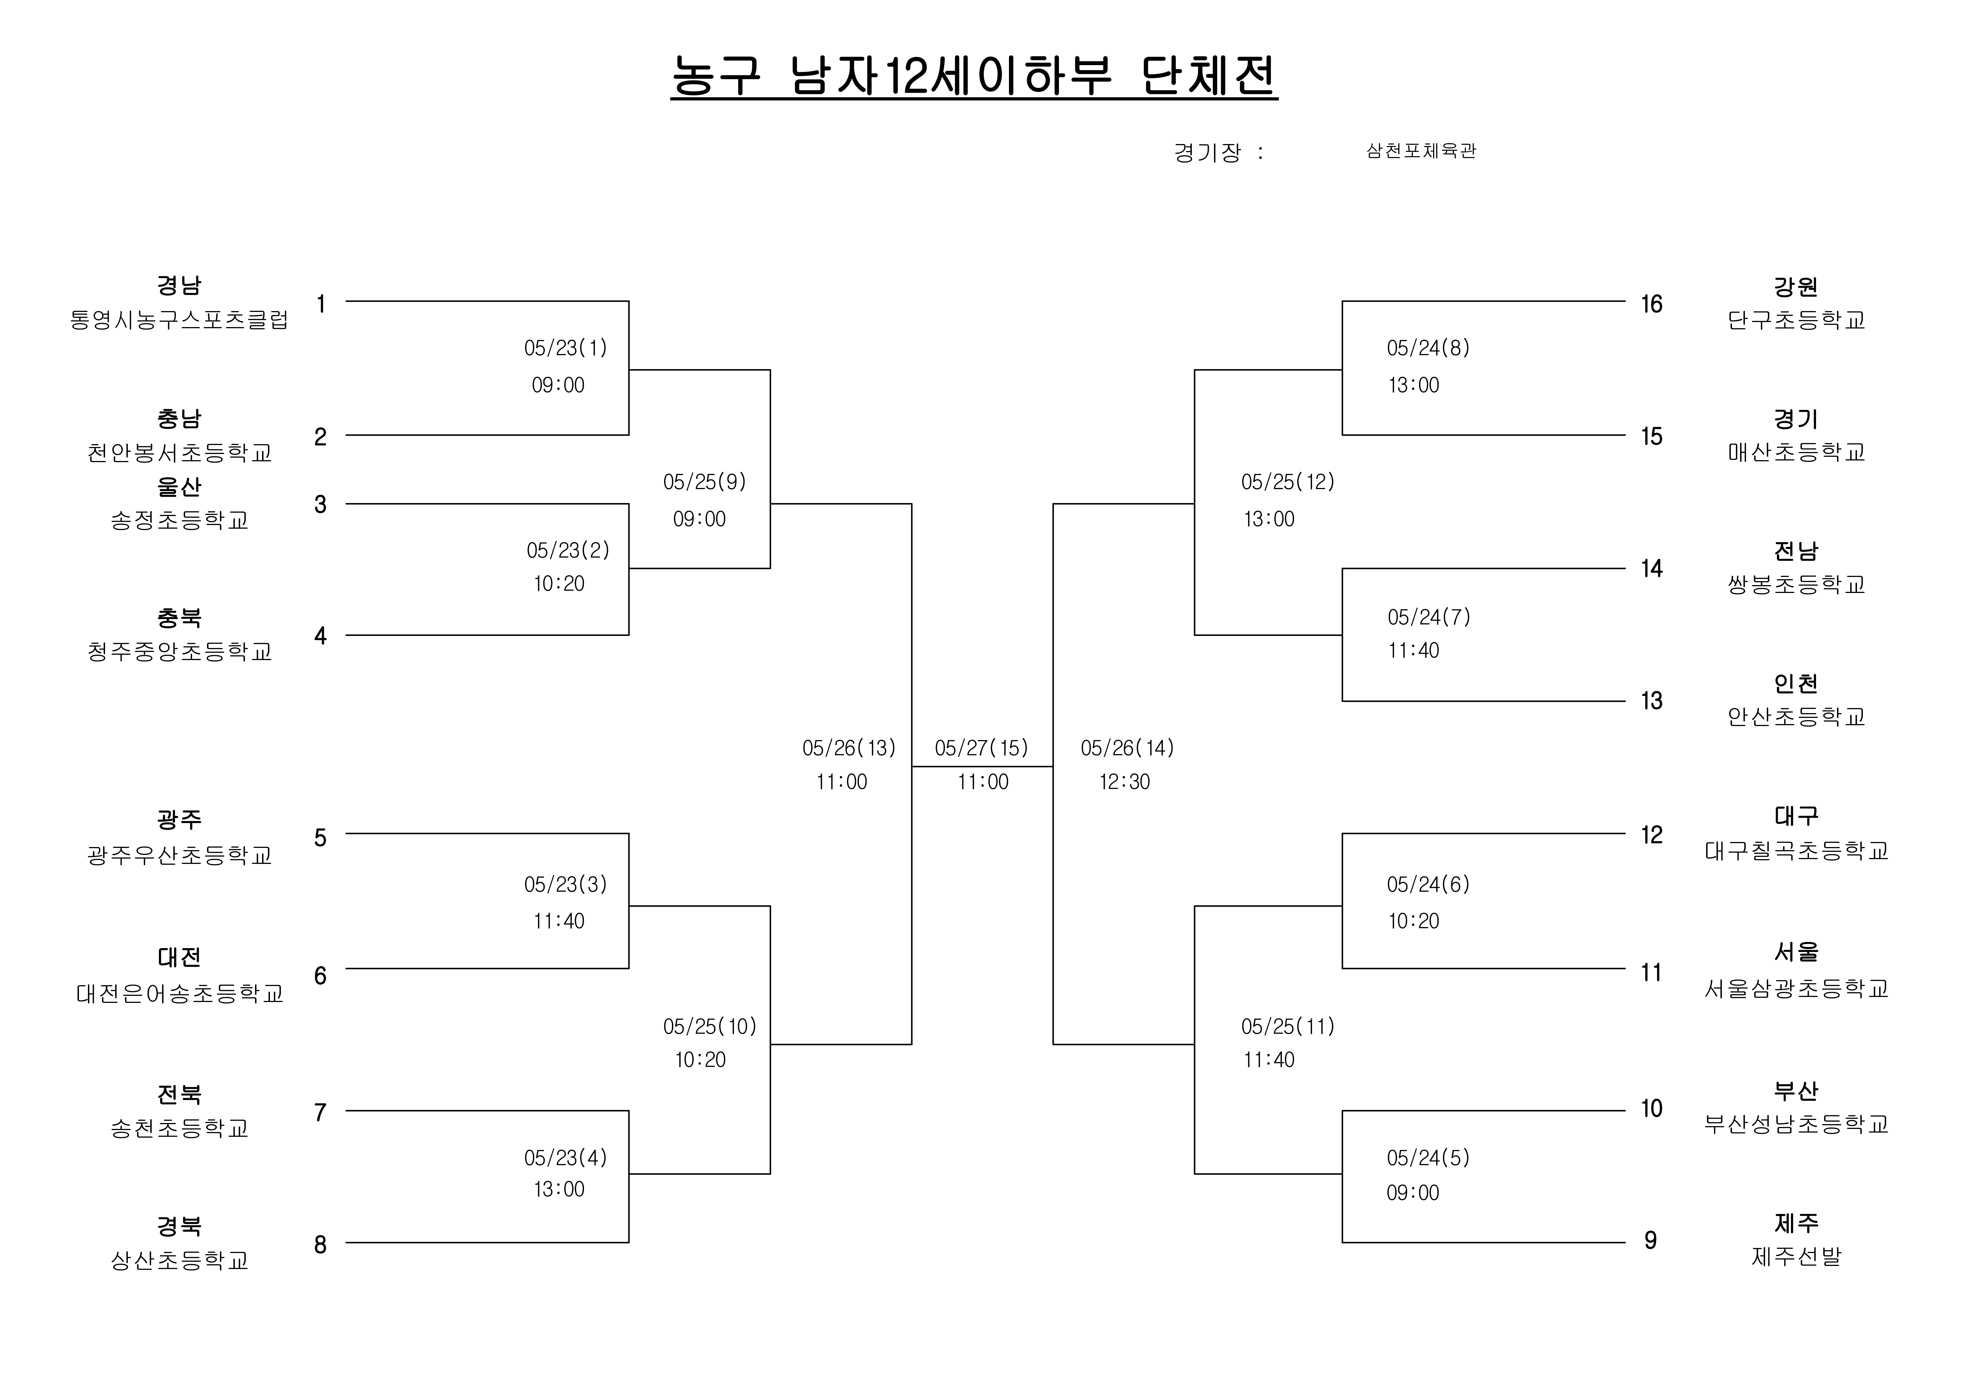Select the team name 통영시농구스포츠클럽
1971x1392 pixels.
[x=179, y=320]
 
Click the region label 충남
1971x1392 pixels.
[x=179, y=419]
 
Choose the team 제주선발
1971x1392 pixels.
[x=1796, y=1256]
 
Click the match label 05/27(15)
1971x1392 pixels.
[x=981, y=748]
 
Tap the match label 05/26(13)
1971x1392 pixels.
[x=849, y=748]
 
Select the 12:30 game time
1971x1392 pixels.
[x=1125, y=782]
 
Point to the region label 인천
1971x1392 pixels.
[x=1796, y=684]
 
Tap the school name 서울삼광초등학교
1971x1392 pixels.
[x=1796, y=989]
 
